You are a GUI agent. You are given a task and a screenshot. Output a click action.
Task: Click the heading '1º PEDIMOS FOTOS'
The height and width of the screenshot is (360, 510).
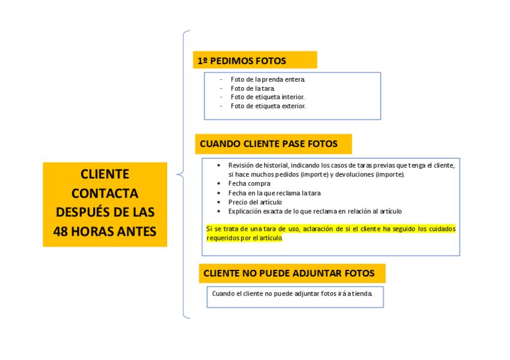tap(242, 61)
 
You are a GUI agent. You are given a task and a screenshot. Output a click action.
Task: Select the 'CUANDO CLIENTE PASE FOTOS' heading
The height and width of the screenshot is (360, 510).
tap(268, 144)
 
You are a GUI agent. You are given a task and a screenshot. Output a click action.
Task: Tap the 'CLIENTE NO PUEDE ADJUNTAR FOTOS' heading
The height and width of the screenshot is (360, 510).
tap(289, 273)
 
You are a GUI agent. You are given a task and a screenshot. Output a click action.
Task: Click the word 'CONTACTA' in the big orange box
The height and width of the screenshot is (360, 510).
tap(105, 194)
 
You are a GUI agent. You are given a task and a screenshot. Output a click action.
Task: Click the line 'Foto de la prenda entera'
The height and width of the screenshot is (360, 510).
tap(268, 79)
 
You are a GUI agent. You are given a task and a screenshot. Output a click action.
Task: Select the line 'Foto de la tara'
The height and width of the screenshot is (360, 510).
tap(253, 88)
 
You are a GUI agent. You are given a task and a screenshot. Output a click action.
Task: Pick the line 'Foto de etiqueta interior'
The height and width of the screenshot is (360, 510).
tap(268, 97)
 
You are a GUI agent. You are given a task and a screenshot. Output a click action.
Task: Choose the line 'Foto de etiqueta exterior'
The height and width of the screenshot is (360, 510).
tap(268, 106)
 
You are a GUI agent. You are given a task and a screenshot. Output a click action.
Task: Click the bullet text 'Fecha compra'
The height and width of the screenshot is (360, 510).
tap(249, 183)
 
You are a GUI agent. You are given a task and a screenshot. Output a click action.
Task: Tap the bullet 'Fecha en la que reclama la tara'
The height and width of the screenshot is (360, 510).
tap(274, 193)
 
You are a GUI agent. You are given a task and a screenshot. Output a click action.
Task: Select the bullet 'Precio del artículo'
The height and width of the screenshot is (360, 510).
tap(255, 202)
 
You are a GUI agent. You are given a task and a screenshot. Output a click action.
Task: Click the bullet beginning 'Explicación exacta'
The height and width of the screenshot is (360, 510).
tap(315, 211)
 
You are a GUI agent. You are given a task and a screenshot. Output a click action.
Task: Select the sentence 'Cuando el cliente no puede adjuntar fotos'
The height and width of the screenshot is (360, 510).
tap(292, 294)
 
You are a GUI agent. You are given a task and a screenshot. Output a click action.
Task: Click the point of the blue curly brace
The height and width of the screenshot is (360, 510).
tap(177, 175)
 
